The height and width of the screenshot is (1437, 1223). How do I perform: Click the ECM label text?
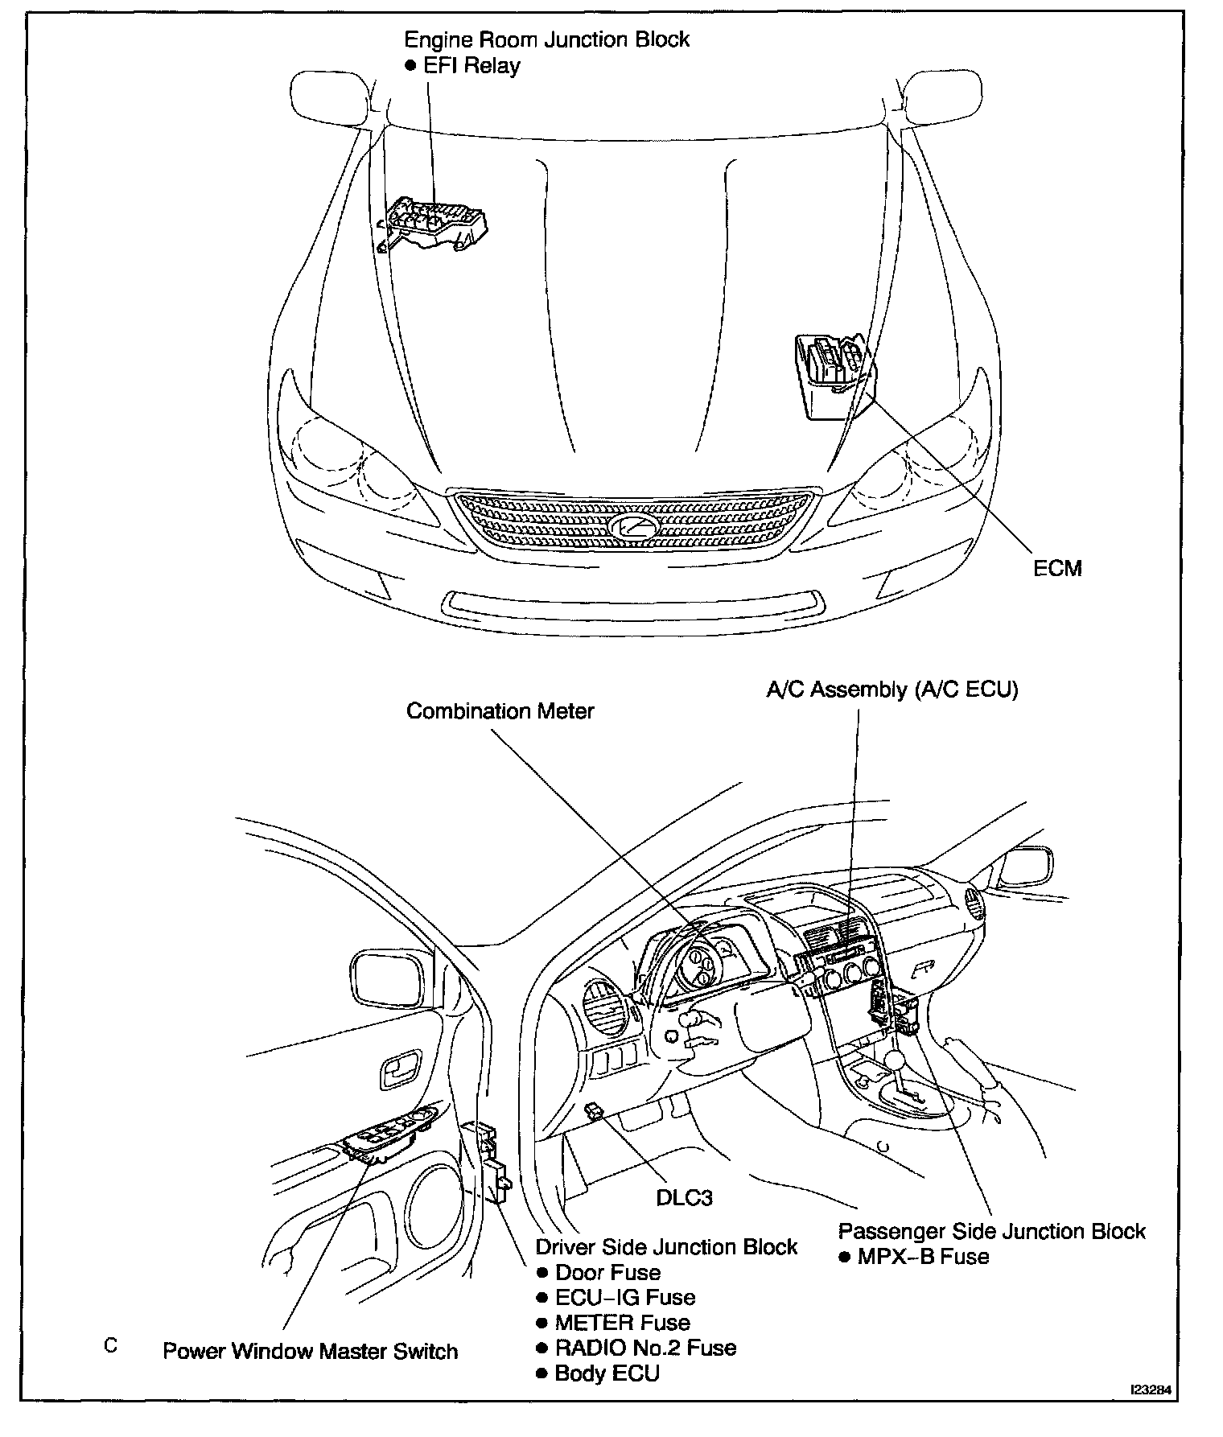[x=1057, y=568]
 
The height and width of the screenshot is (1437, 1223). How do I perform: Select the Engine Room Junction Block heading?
[x=546, y=39]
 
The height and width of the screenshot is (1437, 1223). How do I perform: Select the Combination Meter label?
[x=500, y=711]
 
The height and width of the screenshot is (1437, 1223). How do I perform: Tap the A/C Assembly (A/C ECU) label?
[x=892, y=690]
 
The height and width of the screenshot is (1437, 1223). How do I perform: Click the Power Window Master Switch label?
[x=310, y=1351]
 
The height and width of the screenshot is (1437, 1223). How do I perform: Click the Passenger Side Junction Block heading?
[x=991, y=1232]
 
